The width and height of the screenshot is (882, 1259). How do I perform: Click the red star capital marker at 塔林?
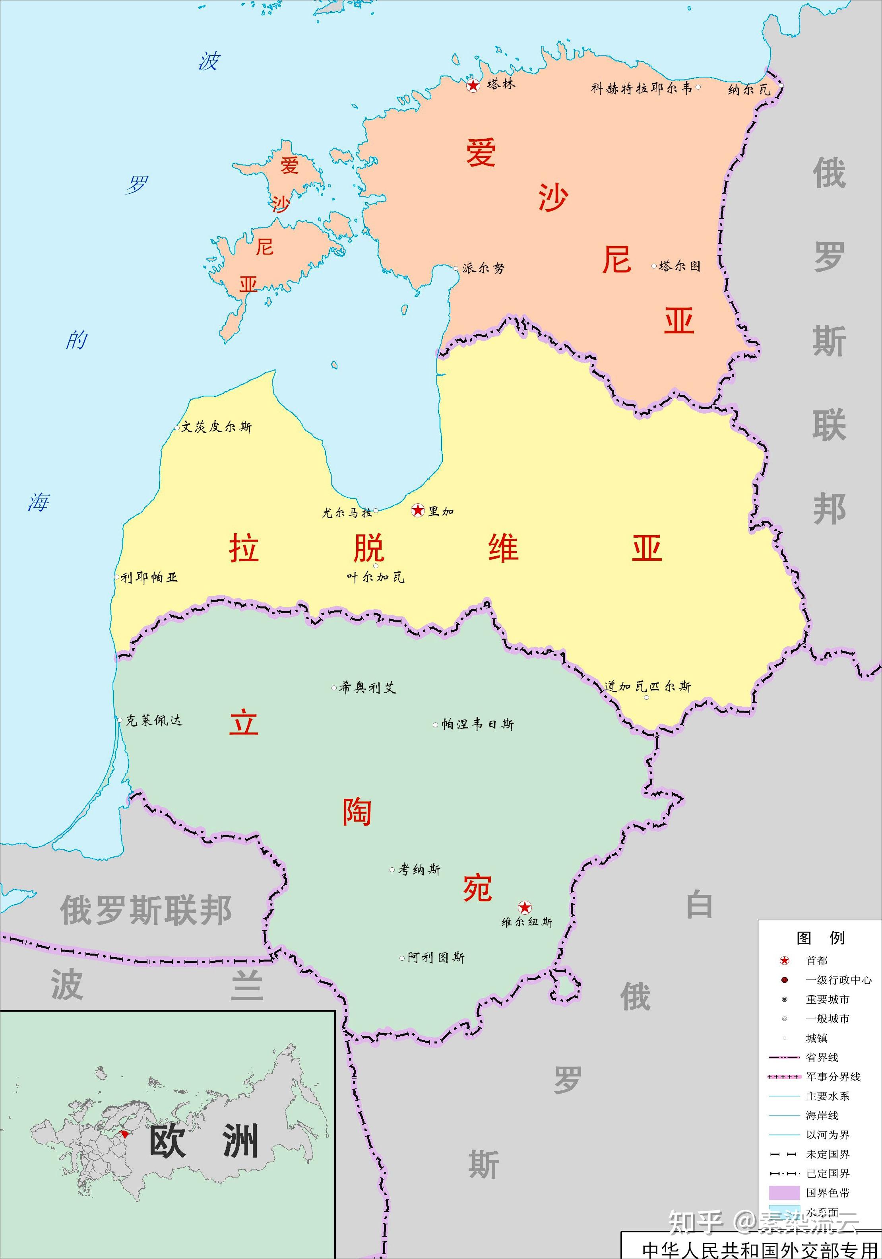473,85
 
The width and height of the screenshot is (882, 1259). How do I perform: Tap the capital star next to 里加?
418,511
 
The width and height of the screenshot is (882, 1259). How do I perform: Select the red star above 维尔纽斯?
525,907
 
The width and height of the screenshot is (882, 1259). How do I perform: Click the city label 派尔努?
483,268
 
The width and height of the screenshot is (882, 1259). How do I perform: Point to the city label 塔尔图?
679,266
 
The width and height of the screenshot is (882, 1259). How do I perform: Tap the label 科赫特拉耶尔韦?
642,88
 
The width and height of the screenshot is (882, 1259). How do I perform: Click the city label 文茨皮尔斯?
217,427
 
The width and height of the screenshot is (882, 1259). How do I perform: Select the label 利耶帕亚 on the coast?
149,577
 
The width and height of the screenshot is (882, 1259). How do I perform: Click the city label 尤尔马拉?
347,513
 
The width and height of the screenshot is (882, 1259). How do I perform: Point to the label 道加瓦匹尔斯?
647,686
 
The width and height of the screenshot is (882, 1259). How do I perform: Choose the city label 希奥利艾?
367,687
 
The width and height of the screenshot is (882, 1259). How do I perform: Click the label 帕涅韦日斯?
477,725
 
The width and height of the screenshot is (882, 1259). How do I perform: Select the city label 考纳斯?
419,869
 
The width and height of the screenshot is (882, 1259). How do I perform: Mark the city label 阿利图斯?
436,958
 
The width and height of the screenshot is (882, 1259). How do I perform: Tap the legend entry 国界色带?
827,1193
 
